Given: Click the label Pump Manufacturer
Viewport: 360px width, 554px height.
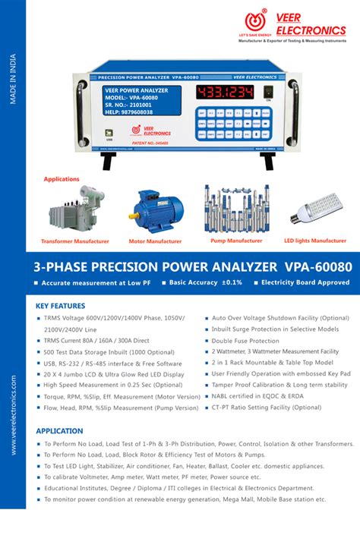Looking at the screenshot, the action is point(236,241).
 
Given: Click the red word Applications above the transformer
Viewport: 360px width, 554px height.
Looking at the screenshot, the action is point(62,179).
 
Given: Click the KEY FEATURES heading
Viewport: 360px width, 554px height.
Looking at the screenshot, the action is point(62,307).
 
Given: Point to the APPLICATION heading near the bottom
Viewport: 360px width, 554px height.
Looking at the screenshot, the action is point(59,430).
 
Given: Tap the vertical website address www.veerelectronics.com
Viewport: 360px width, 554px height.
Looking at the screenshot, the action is point(13,414).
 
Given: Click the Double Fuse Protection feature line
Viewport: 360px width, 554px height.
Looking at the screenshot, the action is point(245,341).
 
